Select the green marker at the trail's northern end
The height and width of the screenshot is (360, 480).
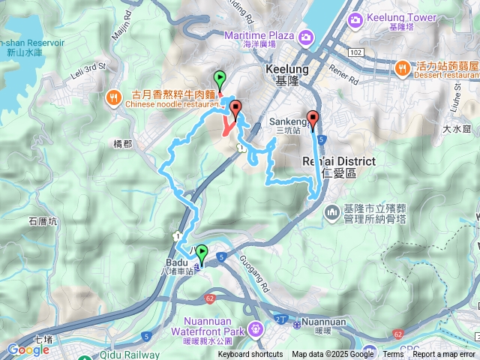click(220, 78)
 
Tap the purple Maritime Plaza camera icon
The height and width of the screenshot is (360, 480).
click(306, 37)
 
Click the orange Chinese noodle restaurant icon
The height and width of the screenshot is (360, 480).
click(114, 97)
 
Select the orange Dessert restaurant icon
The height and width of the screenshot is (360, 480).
click(403, 67)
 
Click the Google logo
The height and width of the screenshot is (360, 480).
click(28, 349)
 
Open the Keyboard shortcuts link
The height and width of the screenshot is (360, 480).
click(250, 355)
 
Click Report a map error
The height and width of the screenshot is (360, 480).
click(444, 355)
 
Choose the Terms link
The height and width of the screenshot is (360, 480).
click(393, 355)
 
